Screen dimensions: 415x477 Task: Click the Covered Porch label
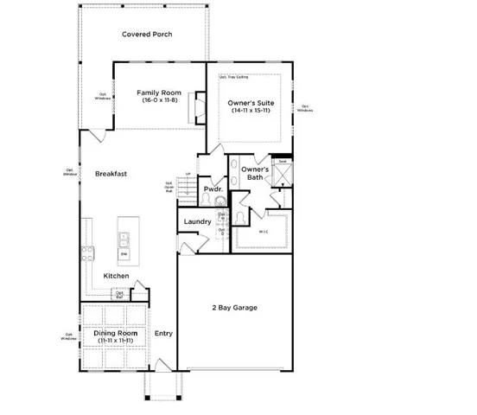pos(146,35)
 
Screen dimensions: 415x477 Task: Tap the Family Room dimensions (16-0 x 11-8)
pos(158,101)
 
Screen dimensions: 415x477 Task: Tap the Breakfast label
pos(111,174)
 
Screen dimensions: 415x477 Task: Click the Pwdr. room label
pos(213,189)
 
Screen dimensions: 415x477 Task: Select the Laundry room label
pos(198,222)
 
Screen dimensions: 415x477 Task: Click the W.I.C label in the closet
pos(264,232)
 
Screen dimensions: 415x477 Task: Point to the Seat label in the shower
pos(283,162)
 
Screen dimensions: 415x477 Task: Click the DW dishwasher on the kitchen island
pos(124,254)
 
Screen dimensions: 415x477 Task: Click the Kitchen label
pos(116,277)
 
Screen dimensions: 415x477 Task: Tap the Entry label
pos(163,334)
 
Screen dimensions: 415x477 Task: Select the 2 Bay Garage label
pos(235,308)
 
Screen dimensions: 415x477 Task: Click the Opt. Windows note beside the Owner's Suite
pos(304,108)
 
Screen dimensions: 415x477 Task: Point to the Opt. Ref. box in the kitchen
pos(144,295)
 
